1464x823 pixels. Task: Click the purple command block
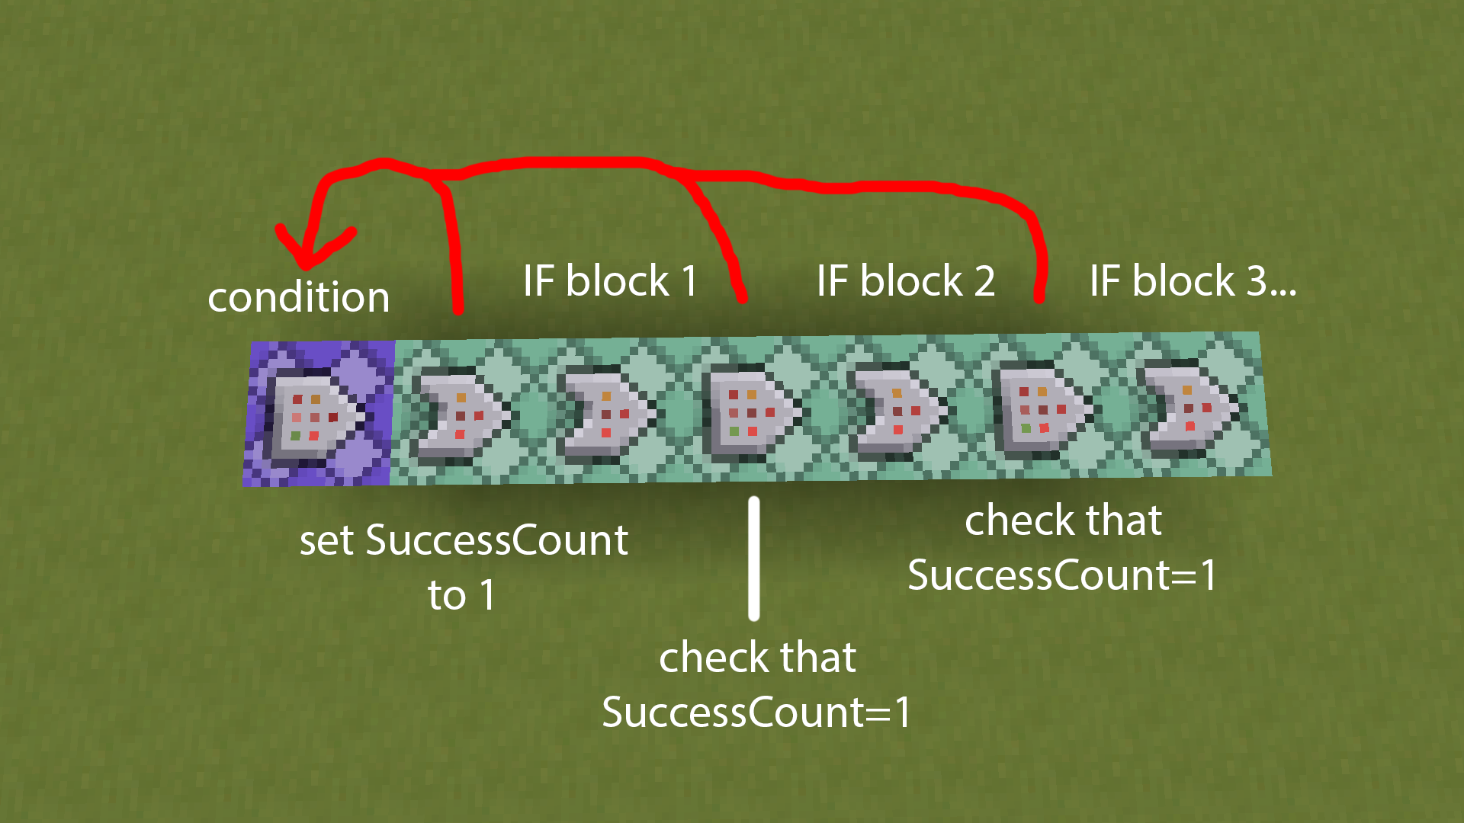(319, 413)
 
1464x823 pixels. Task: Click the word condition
(298, 296)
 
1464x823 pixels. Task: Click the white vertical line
(754, 559)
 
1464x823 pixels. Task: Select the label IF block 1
(610, 280)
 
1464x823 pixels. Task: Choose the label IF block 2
(905, 280)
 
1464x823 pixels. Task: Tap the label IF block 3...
(1192, 280)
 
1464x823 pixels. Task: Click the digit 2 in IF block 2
(984, 281)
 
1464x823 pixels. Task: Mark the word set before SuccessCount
(326, 541)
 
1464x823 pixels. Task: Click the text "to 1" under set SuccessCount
(461, 595)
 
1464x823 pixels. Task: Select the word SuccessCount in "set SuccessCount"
(496, 541)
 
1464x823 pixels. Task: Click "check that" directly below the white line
(757, 658)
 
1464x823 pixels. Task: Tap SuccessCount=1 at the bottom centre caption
(756, 713)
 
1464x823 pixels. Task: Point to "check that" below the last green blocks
(1063, 521)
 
